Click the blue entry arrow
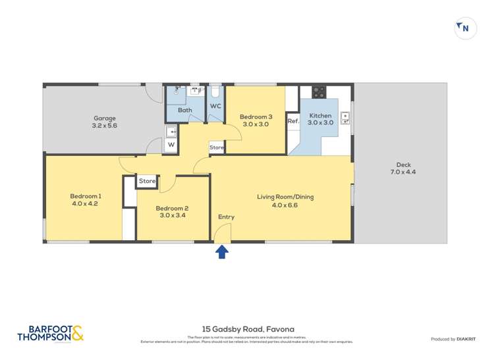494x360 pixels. click(222, 251)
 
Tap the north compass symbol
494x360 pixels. click(465, 28)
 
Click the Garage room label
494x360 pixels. click(104, 118)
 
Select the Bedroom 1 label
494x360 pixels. click(86, 195)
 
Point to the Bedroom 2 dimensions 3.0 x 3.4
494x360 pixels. click(173, 215)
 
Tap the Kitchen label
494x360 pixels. click(320, 115)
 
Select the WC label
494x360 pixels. click(215, 106)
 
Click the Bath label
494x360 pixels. click(184, 111)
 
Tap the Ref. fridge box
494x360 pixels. click(293, 121)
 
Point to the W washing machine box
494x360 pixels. click(171, 145)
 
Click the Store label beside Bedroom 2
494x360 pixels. click(147, 181)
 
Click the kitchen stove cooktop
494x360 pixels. click(319, 91)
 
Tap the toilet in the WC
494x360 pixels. click(215, 91)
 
